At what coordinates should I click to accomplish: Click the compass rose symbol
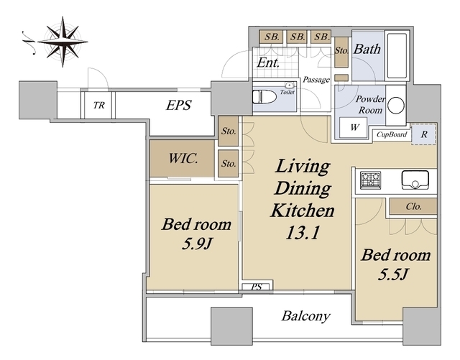point(63,42)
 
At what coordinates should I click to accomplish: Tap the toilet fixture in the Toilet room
point(264,96)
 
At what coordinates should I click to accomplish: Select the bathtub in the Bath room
point(397,56)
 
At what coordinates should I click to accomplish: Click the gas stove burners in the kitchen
point(371,180)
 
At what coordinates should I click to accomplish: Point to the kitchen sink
point(415,180)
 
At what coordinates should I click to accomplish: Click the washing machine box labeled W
point(353,128)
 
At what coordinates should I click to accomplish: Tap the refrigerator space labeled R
point(424,134)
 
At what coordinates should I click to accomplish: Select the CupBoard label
point(392,134)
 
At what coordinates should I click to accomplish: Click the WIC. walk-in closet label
point(183,159)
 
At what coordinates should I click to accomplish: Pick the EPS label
point(179,105)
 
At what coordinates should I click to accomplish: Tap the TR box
point(98,105)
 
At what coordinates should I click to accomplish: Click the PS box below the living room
point(257,286)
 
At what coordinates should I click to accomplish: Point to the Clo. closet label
point(414,206)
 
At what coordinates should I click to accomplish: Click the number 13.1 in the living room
point(302,233)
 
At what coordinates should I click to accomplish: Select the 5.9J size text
point(197,243)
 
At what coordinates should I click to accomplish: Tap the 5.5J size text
point(393,274)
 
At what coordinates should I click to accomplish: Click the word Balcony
point(305,316)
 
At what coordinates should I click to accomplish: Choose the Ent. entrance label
point(268,63)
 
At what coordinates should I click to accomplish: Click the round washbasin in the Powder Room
point(396,105)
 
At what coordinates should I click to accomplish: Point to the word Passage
point(316,80)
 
